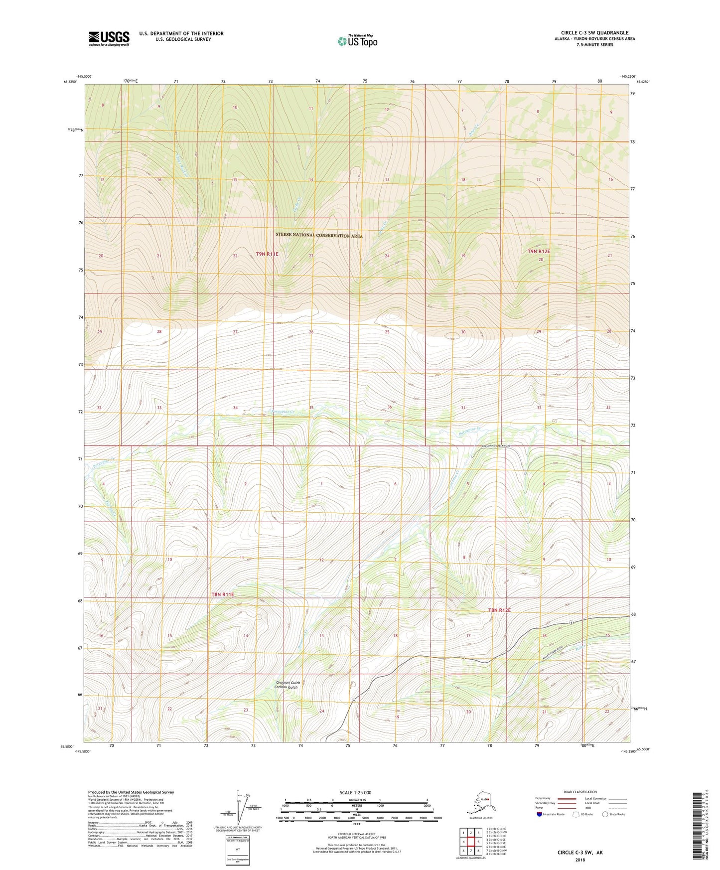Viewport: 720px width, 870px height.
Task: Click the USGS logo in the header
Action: click(109, 39)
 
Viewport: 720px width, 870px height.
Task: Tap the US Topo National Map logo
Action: click(357, 41)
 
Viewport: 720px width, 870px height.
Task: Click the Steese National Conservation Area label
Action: click(319, 235)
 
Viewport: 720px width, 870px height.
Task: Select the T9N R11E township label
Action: click(267, 254)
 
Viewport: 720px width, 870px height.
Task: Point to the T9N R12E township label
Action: click(539, 252)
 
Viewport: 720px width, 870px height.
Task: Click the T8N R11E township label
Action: click(222, 594)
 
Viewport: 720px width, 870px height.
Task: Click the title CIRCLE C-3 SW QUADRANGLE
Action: click(594, 33)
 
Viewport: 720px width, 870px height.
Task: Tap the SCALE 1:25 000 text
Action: click(355, 793)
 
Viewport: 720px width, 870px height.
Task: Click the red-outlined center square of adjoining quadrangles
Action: click(471, 842)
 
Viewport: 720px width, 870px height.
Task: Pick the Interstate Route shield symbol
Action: click(540, 814)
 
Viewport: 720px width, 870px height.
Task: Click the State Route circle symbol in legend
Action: click(605, 814)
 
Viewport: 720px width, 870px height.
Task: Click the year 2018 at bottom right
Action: click(580, 859)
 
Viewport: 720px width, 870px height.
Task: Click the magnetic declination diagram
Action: click(238, 808)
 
